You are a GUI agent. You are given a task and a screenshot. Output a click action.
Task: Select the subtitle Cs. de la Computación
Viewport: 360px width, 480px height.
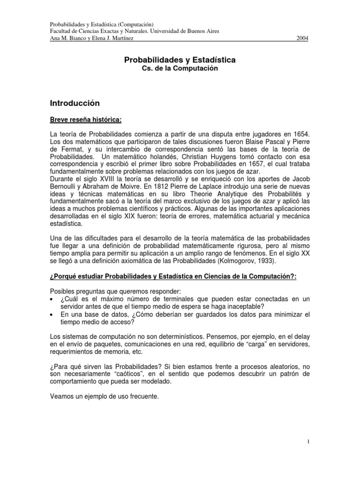180,68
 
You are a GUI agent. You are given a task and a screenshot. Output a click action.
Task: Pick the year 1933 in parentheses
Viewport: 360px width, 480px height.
266,260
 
